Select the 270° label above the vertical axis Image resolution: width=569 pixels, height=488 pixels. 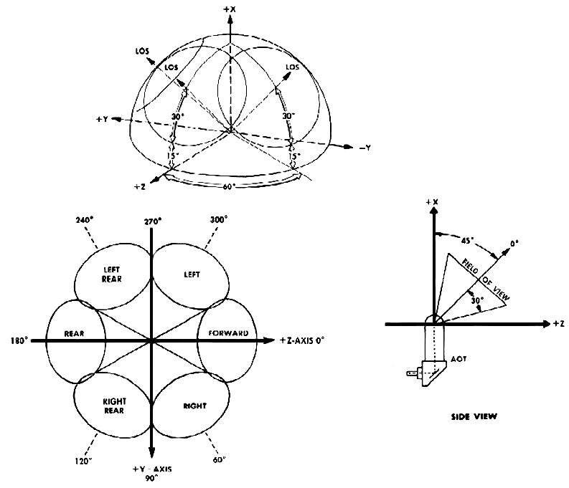coord(151,221)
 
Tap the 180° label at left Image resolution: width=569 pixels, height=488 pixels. coord(19,340)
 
